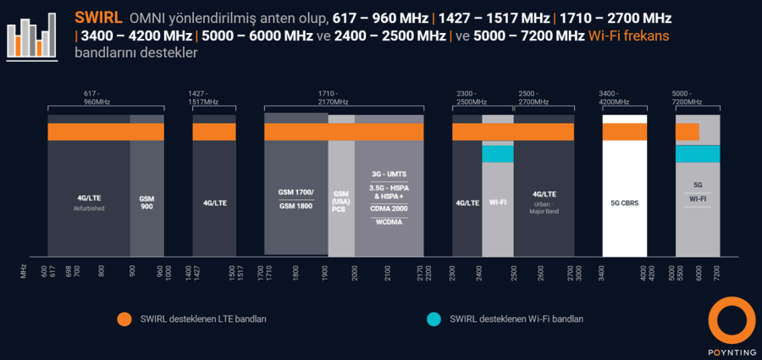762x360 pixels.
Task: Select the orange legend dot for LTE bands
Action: [125, 319]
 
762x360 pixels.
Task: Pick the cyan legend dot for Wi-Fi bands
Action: [433, 319]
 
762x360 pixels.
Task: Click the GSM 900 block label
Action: [146, 202]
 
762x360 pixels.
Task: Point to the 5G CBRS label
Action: [625, 203]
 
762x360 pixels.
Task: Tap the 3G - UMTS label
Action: [389, 174]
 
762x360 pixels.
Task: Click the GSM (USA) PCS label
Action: [340, 202]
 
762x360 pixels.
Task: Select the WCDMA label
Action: [389, 221]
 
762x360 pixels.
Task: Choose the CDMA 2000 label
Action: [389, 208]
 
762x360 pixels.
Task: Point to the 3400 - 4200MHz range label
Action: [614, 97]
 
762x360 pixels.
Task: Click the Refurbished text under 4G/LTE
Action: [89, 208]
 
